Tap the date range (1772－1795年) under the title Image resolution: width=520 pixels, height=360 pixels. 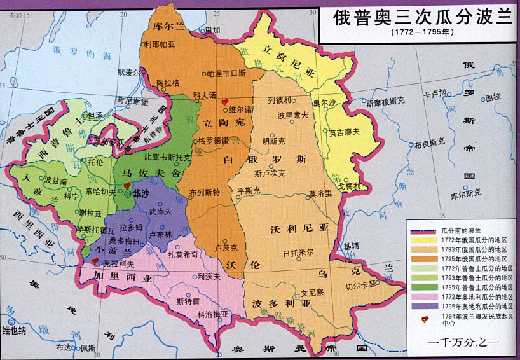pyautogui.click(x=419, y=32)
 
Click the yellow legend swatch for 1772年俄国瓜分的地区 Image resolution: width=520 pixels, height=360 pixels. pyautogui.click(x=422, y=240)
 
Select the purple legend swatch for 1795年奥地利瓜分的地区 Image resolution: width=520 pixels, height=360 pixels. pyautogui.click(x=422, y=307)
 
